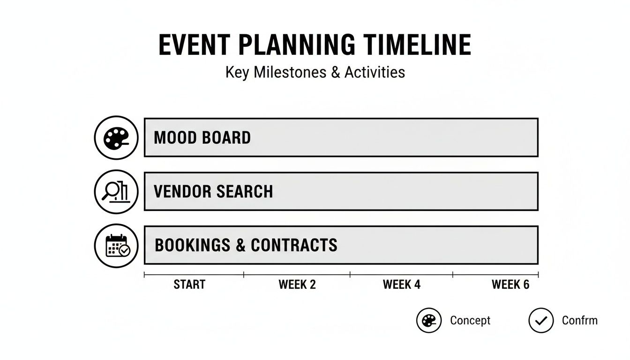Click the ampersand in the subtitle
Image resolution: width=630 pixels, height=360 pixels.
click(x=335, y=73)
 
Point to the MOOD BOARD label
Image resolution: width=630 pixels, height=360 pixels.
click(x=202, y=138)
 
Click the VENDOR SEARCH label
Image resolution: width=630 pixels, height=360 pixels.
click(x=213, y=192)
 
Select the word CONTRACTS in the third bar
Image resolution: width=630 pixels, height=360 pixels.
click(x=294, y=245)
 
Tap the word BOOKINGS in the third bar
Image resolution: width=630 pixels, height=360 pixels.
click(x=193, y=245)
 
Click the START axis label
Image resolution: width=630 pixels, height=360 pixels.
click(x=189, y=285)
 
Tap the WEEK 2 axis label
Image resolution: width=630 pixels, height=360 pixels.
click(x=297, y=285)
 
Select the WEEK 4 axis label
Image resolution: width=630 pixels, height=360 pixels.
click(x=402, y=285)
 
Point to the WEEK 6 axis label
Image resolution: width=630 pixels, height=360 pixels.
click(x=510, y=285)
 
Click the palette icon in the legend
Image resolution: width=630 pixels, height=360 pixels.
click(x=429, y=321)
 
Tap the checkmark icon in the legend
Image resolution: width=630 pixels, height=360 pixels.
click(x=541, y=321)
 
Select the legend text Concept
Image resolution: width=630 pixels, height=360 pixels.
click(x=470, y=321)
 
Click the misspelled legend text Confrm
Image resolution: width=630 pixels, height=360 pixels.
click(x=580, y=321)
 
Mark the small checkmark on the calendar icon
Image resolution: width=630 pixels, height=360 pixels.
click(x=124, y=251)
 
